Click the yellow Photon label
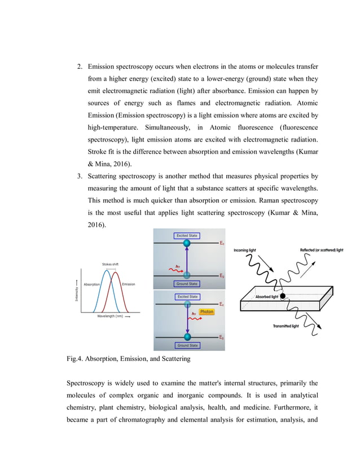point(206,311)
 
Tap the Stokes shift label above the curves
point(110,264)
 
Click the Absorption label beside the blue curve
point(91,284)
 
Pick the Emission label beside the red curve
point(128,284)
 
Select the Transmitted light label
point(286,326)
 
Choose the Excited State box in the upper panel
point(187,235)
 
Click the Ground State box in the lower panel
point(187,345)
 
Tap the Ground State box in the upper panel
point(187,284)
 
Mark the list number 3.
point(80,176)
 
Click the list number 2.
point(80,66)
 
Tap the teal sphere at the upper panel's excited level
point(187,244)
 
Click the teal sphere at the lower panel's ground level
point(187,337)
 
